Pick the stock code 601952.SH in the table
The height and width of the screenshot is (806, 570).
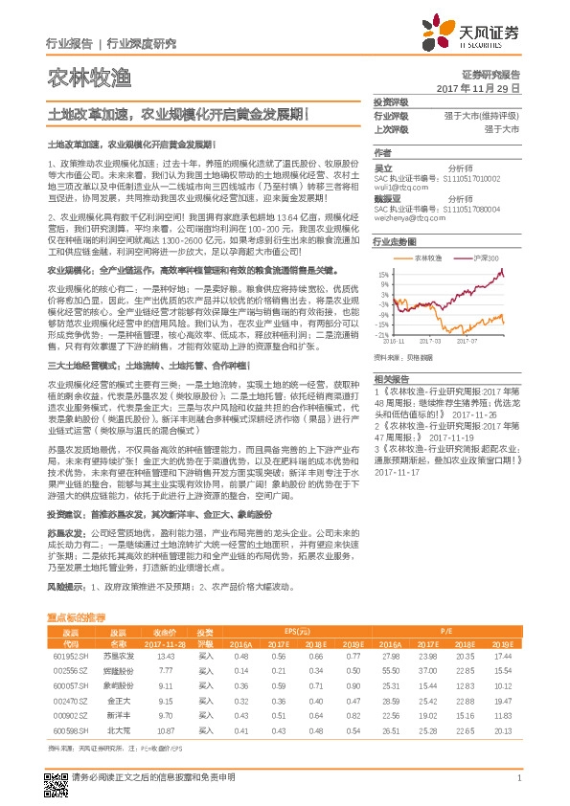70,657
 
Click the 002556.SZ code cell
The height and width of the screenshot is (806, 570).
70,672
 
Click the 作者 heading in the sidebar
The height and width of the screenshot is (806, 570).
383,153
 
